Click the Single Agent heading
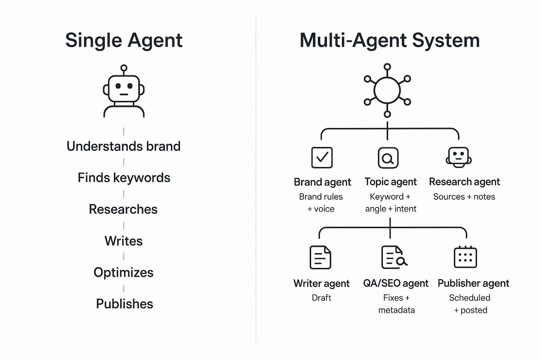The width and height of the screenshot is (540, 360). click(124, 40)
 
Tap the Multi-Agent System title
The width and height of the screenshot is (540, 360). click(390, 40)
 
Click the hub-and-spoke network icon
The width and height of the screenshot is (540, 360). click(387, 90)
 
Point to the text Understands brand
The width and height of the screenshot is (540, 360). click(123, 146)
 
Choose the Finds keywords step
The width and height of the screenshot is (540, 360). click(124, 178)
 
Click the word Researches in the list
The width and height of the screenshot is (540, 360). click(123, 209)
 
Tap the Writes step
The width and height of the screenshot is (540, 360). click(123, 241)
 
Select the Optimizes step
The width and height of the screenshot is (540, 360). click(123, 272)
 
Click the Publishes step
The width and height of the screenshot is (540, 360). click(124, 304)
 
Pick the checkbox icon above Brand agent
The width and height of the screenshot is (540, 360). click(322, 157)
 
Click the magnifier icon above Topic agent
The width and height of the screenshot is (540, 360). click(388, 158)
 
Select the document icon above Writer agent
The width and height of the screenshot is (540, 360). click(320, 257)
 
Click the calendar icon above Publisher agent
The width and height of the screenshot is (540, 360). click(465, 257)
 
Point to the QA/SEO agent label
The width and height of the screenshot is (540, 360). click(396, 283)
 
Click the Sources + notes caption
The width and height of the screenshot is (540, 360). click(464, 197)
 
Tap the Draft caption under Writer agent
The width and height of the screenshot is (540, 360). click(321, 298)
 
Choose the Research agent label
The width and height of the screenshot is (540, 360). click(464, 182)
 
